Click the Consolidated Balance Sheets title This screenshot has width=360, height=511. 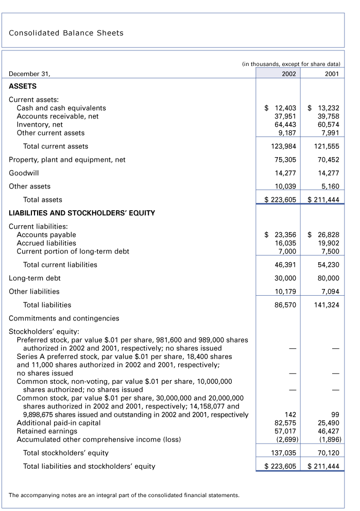point(66,33)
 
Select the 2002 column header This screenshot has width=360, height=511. point(288,74)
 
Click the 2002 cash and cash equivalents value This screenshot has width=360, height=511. point(281,108)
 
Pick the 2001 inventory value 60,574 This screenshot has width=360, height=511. point(328,125)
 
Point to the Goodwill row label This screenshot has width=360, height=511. point(24,173)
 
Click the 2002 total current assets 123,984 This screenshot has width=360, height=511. point(283,146)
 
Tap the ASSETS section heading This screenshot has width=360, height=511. point(23,87)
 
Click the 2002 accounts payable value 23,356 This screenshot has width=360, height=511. point(281,235)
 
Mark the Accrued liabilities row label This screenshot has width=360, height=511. point(46,243)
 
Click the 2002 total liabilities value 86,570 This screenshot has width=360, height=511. point(285,305)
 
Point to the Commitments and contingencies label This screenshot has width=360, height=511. point(64,318)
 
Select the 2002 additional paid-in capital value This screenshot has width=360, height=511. point(285,423)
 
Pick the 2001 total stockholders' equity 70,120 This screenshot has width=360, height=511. point(330,453)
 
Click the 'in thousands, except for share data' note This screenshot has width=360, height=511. point(291,64)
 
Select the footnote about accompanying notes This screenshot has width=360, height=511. point(124,496)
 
